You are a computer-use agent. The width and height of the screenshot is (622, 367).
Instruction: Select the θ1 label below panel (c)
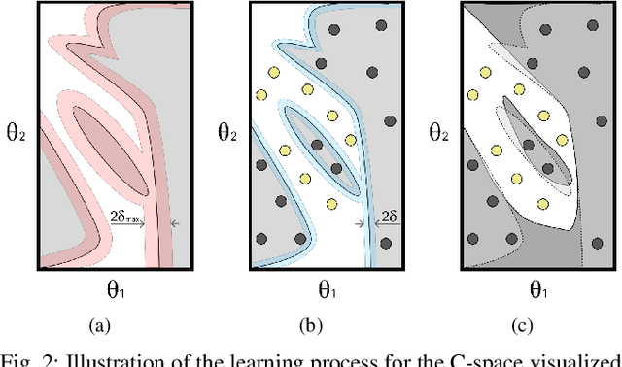(x=536, y=289)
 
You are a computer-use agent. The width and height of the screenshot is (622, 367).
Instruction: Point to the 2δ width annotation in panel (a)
(x=126, y=219)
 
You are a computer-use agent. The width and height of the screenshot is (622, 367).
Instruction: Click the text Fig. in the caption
(x=17, y=357)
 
